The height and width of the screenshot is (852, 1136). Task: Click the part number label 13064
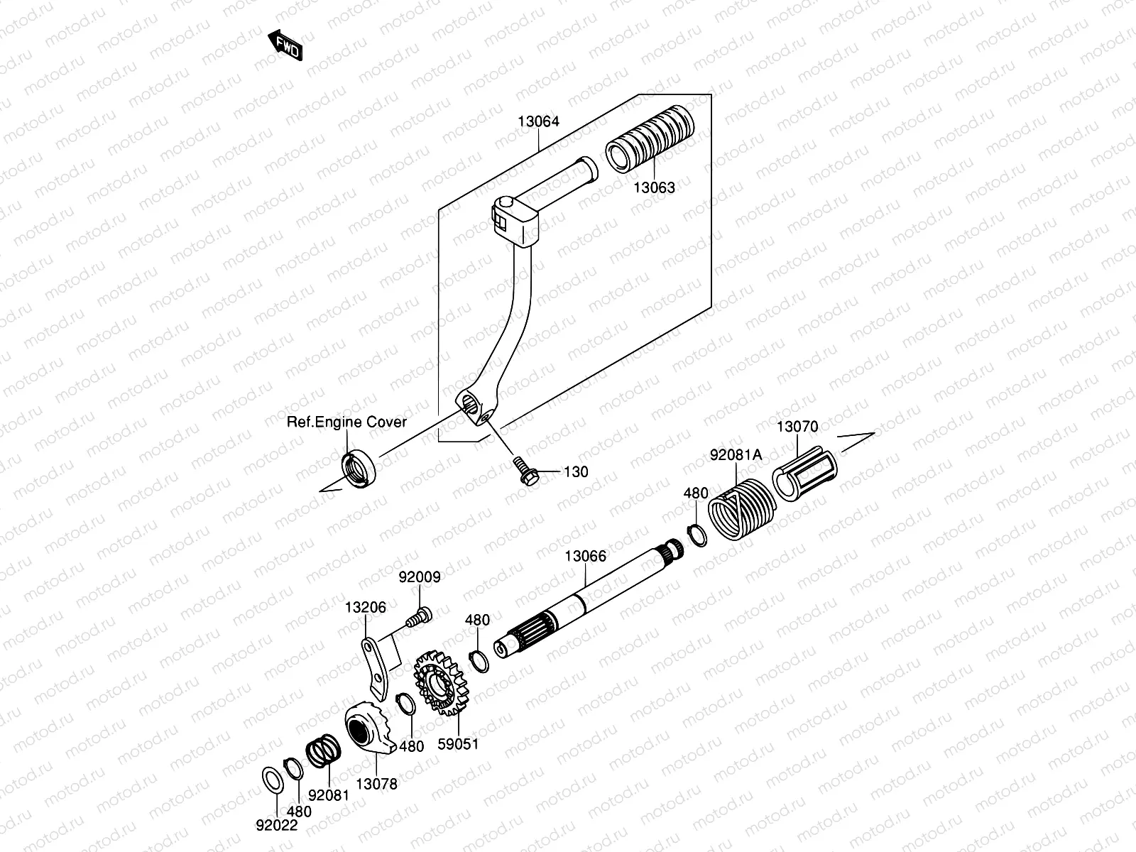(537, 121)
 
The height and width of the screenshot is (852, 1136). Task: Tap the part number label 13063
(654, 187)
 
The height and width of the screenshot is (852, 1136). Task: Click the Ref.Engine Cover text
(346, 422)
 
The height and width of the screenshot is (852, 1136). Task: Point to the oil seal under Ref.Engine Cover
(359, 469)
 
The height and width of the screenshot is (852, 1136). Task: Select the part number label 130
(576, 472)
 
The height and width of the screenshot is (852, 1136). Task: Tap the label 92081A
(736, 455)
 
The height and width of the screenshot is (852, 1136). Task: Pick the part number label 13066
(586, 556)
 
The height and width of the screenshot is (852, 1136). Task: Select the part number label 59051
(458, 744)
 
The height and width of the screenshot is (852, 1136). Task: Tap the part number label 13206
(366, 607)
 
